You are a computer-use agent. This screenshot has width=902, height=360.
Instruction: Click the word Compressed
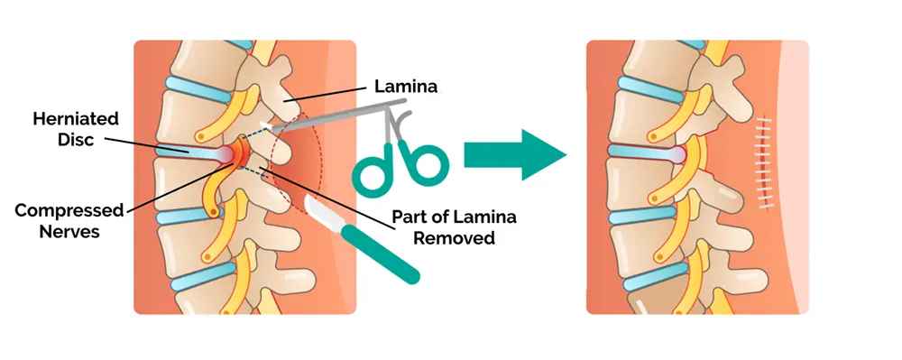[x=69, y=210]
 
